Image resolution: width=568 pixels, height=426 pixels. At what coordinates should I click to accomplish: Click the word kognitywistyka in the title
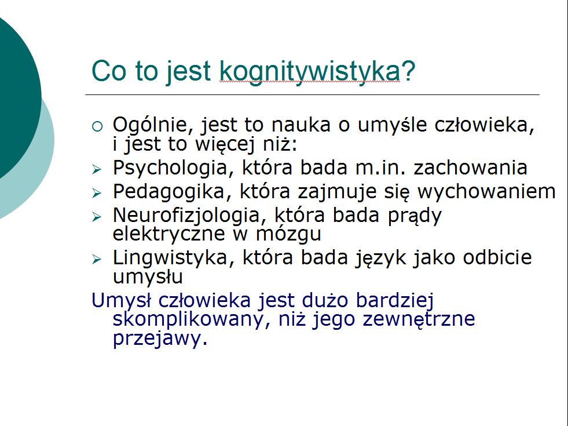pos(310,72)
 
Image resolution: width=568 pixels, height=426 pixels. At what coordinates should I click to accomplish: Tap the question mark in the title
pos(408,70)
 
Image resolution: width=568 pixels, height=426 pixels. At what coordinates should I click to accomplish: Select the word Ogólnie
pos(154,125)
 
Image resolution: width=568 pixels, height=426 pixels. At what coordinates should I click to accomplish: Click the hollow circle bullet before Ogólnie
pos(97,126)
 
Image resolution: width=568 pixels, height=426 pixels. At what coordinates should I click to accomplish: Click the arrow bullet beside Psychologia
pos(97,169)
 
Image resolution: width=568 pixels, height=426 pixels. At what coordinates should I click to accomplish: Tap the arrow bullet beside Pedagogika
pos(97,193)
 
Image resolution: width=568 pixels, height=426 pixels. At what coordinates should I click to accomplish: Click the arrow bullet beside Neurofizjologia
pos(97,217)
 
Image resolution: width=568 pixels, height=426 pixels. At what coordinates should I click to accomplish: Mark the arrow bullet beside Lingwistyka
pos(97,259)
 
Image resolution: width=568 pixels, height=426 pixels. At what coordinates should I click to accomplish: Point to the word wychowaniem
pos(486,192)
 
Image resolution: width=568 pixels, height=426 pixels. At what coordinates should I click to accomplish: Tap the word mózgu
pos(288,235)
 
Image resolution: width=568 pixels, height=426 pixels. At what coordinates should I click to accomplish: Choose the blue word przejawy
pos(160,339)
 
